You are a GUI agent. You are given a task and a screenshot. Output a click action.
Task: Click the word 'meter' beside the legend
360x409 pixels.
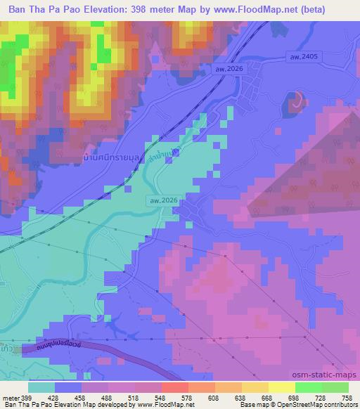pos(8,397)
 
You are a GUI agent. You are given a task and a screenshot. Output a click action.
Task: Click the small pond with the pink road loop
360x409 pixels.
pos(295,103)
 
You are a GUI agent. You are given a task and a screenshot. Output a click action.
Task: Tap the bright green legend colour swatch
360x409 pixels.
pos(308,387)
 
